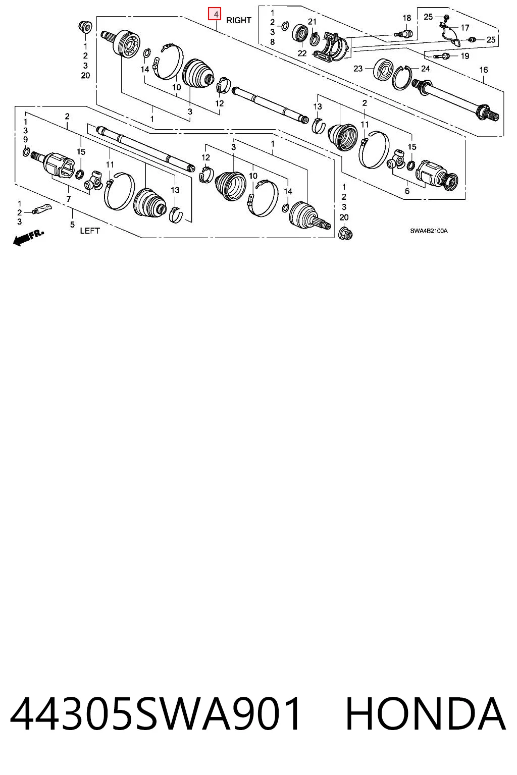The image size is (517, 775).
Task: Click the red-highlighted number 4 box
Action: (215, 15)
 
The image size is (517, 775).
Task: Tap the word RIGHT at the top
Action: (239, 20)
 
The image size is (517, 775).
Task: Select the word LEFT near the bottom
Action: (90, 231)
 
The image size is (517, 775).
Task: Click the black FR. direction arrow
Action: (28, 237)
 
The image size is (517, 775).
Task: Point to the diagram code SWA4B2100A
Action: (429, 231)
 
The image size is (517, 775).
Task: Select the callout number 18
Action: (407, 18)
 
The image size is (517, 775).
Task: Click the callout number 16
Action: (483, 70)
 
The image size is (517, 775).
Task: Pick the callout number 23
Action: (358, 69)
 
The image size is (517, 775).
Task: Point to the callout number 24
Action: (425, 69)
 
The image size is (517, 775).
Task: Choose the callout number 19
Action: (464, 56)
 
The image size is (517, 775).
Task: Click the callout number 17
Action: (464, 27)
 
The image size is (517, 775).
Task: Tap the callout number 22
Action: (302, 53)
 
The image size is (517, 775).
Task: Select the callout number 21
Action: (313, 22)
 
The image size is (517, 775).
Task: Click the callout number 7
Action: (69, 199)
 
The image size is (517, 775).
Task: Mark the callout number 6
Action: (407, 191)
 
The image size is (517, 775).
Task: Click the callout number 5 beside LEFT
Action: (72, 225)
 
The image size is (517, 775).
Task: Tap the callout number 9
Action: (25, 139)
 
